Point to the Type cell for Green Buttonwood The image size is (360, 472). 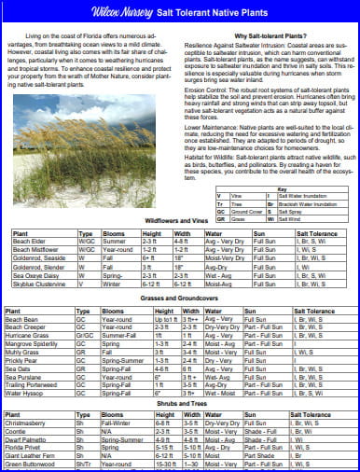(83, 464)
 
